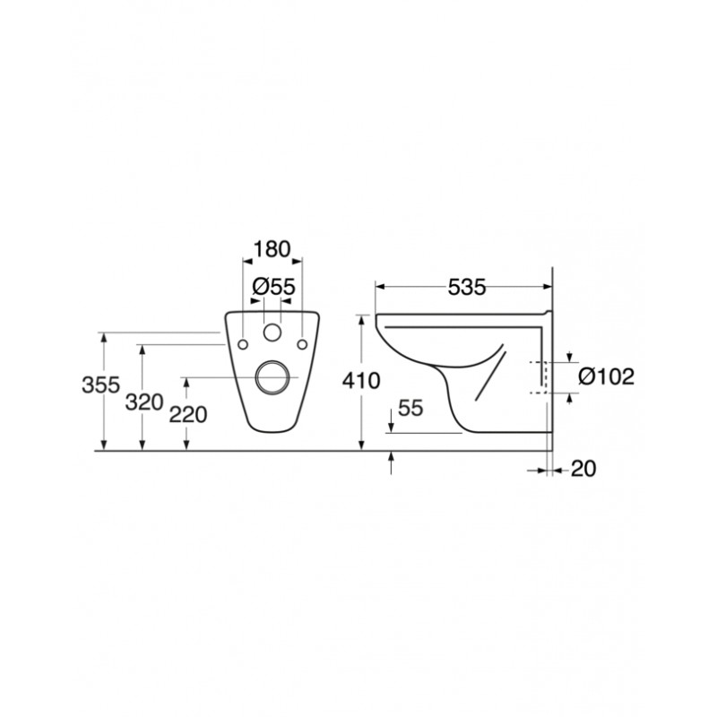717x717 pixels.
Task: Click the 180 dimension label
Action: pos(272,249)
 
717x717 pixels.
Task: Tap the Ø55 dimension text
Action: pos(274,287)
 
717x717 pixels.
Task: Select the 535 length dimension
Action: pos(466,288)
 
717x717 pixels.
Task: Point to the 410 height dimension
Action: pos(361,380)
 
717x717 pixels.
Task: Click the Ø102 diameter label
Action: pos(607,376)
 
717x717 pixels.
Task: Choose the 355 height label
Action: pos(100,384)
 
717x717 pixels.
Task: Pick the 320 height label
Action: pos(144,402)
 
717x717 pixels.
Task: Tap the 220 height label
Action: pos(188,415)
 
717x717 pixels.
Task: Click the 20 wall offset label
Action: pos(583,469)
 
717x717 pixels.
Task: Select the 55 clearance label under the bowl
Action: pos(410,408)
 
